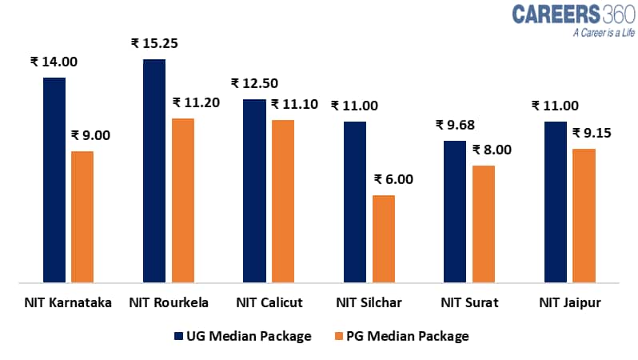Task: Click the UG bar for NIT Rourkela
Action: [154, 170]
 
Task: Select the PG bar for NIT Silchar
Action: [383, 238]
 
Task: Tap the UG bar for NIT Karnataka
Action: [54, 180]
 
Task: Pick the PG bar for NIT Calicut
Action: [282, 201]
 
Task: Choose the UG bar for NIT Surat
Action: [455, 211]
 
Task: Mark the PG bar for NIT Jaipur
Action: [584, 215]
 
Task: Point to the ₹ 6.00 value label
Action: [393, 179]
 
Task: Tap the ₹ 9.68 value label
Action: [455, 125]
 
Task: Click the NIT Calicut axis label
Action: [269, 302]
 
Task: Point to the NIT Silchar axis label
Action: [369, 302]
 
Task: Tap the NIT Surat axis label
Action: [469, 302]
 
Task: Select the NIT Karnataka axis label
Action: [68, 302]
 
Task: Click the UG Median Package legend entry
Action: [242, 336]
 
